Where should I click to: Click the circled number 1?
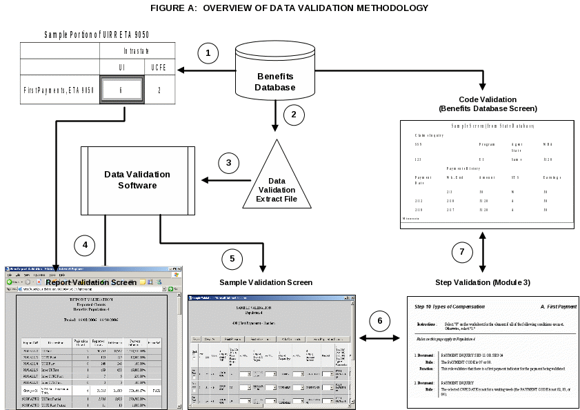pyautogui.click(x=208, y=53)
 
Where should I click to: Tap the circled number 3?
pyautogui.click(x=228, y=164)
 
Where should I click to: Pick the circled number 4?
pyautogui.click(x=84, y=244)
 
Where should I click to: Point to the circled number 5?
pyautogui.click(x=232, y=259)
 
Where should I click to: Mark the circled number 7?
pyautogui.click(x=462, y=252)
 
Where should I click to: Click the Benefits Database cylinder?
pyautogui.click(x=275, y=72)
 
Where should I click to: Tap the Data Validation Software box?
pyautogui.click(x=137, y=181)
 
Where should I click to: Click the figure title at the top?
pyautogui.click(x=290, y=8)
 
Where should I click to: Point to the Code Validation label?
pyautogui.click(x=488, y=104)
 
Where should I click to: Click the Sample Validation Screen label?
pyautogui.click(x=266, y=283)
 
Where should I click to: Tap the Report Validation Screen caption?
pyautogui.click(x=91, y=282)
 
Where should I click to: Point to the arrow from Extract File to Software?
pyautogui.click(x=223, y=181)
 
